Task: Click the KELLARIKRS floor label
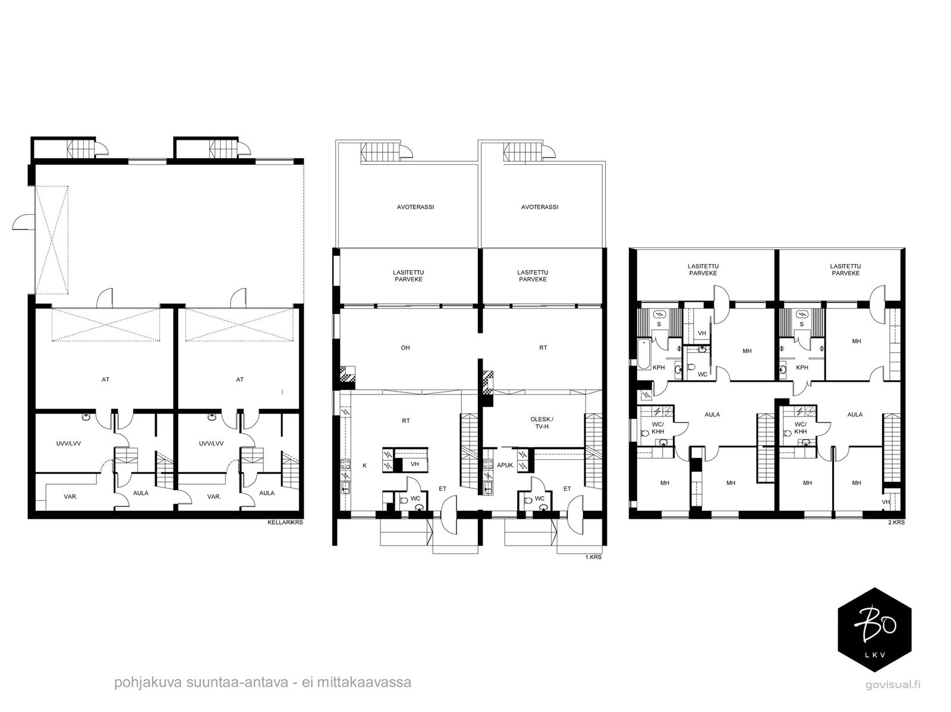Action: click(x=285, y=522)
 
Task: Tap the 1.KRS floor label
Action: click(x=593, y=557)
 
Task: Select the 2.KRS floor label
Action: click(x=896, y=522)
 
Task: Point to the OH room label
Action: click(x=405, y=347)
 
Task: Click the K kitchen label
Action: click(x=364, y=465)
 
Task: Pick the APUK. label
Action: click(x=505, y=465)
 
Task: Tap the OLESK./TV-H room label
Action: click(x=541, y=423)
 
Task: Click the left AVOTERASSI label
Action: click(x=415, y=207)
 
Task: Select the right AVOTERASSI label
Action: click(x=540, y=207)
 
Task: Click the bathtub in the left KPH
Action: click(x=643, y=353)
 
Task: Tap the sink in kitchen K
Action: click(x=345, y=488)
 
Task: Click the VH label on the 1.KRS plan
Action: click(x=415, y=464)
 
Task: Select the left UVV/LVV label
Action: click(x=68, y=444)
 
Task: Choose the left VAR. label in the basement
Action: click(x=71, y=497)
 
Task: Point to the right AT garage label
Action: click(x=240, y=379)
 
